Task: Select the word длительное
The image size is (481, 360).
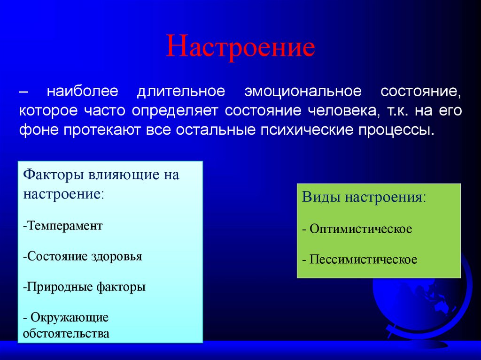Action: (181, 92)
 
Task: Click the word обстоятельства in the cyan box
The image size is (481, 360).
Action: (66, 334)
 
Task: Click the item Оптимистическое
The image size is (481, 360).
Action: (360, 230)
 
